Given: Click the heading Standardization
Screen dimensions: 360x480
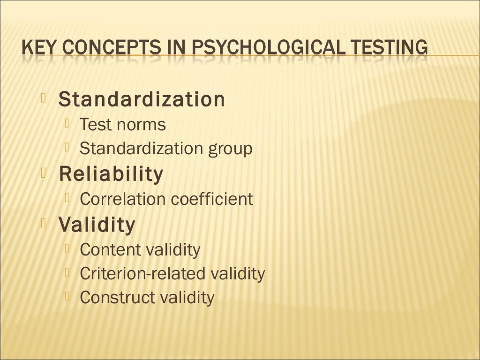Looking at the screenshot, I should [142, 99].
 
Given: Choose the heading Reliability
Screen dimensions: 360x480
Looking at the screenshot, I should [111, 174].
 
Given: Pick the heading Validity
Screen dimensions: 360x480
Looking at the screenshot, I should [97, 225].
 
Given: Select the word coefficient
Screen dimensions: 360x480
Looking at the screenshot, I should [212, 199].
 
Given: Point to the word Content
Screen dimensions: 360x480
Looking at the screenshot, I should [110, 250].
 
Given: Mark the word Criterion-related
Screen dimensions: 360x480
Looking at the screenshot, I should [143, 273].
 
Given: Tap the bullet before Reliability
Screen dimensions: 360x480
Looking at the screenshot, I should [45, 173].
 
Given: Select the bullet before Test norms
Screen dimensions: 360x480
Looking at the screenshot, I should [68, 123].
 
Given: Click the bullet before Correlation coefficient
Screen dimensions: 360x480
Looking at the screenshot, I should [68, 198].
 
